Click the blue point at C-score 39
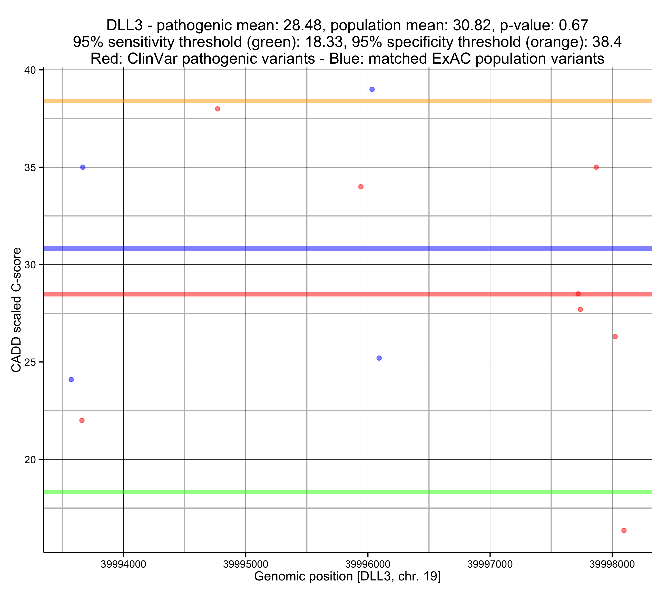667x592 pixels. coord(372,90)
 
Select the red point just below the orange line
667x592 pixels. coord(218,109)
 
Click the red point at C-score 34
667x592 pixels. coord(361,187)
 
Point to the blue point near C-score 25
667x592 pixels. coord(379,358)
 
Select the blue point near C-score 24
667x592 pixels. coord(71,380)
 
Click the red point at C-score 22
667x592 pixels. coord(82,420)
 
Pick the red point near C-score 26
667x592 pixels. coord(615,337)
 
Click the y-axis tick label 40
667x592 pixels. coord(30,70)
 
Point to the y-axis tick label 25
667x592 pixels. coord(30,362)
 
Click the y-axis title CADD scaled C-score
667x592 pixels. coord(16,310)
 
